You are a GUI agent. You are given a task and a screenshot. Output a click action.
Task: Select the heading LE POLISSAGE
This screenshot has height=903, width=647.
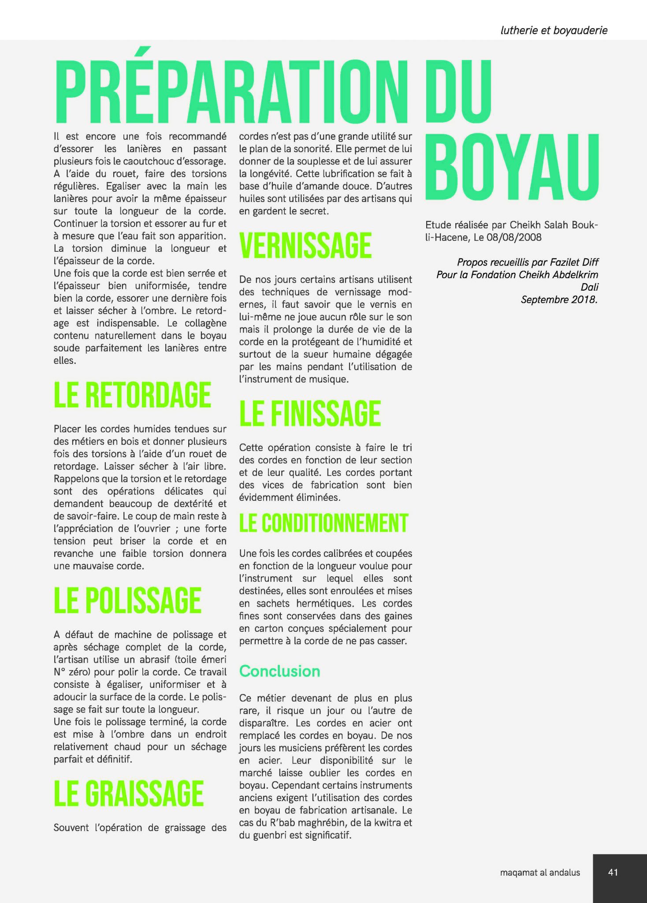[x=127, y=600]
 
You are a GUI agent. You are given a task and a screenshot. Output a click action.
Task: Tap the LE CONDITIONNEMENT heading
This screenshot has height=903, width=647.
[x=324, y=523]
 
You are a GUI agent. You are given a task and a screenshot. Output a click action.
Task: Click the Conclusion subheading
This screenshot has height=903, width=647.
[x=279, y=671]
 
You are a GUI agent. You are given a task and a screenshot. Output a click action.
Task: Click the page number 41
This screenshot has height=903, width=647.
[x=613, y=872]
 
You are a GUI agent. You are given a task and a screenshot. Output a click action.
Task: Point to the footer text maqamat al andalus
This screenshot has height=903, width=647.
[x=540, y=873]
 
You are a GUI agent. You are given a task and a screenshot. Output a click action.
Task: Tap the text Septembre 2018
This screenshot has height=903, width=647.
[x=559, y=300]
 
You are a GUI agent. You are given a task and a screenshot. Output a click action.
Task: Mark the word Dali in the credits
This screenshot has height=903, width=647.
[x=590, y=287]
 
